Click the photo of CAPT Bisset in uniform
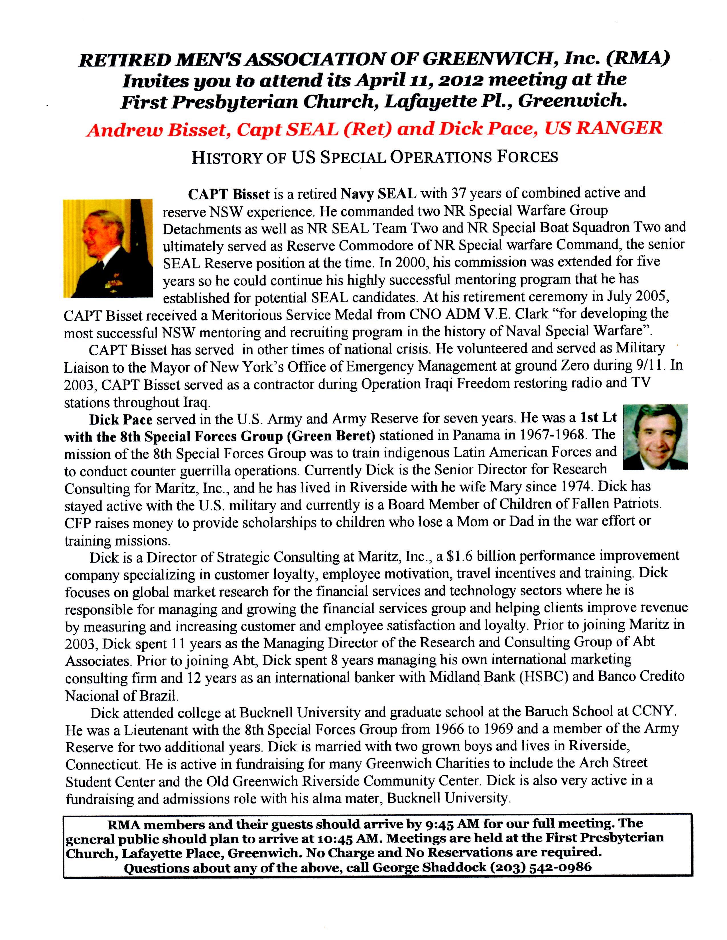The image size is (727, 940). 108,248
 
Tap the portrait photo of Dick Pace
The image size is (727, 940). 655,436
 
